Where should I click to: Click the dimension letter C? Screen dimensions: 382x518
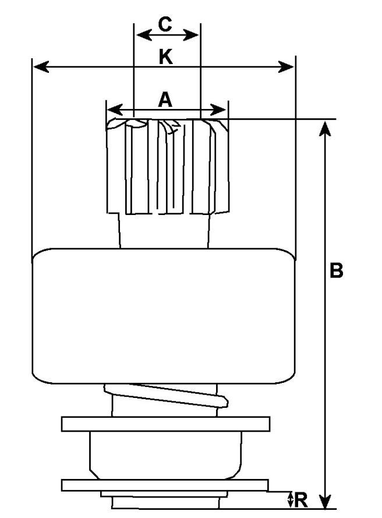coord(165,24)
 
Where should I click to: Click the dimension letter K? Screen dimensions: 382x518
coord(166,57)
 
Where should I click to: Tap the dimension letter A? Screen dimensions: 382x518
coord(165,100)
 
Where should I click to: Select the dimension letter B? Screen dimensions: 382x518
coord(337,270)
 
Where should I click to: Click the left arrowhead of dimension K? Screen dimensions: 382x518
coord(41,66)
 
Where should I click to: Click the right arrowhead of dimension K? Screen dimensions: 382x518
coord(286,66)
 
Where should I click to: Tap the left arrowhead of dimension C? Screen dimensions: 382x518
coord(144,35)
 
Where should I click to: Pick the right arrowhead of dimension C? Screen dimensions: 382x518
coord(191,35)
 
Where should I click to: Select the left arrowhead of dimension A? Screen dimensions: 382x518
coord(115,110)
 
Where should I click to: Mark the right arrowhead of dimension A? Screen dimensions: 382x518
coord(218,110)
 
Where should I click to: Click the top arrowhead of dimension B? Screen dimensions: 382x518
coord(325,129)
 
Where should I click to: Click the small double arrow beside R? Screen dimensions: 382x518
coord(290,499)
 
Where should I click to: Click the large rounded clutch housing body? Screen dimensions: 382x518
coord(164,316)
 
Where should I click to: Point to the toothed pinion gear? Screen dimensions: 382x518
coord(168,166)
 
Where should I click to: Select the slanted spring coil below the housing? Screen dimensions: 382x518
coord(166,396)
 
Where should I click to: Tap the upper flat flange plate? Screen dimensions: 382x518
coord(166,424)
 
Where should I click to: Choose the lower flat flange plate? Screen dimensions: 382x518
coord(165,485)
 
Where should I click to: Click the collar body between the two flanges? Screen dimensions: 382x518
coord(166,455)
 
